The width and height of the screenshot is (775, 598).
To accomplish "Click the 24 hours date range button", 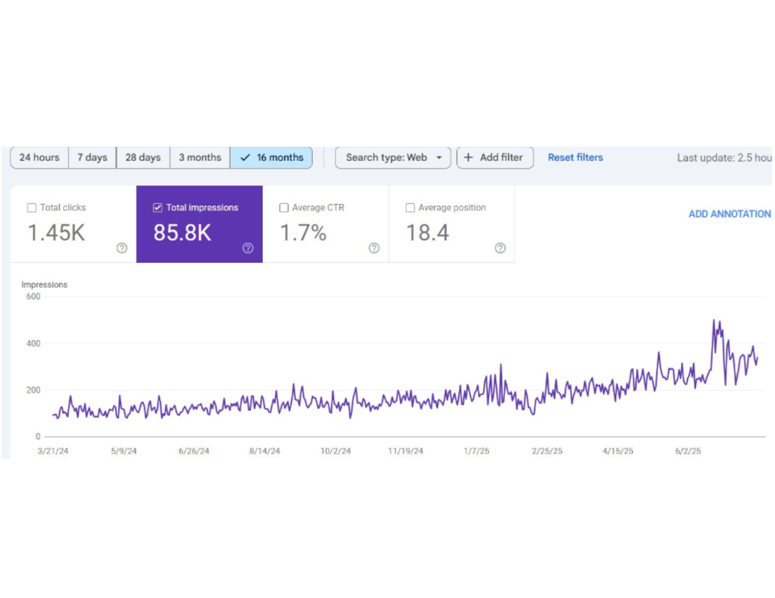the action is point(39,157).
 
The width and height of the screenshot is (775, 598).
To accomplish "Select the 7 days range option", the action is point(92,157).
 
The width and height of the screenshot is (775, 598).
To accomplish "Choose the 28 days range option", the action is point(143,157).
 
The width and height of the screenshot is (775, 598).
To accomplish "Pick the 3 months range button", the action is point(200,157).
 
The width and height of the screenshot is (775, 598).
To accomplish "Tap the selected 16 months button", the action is point(271,157).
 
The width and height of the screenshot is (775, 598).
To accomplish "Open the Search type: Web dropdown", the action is point(393,157).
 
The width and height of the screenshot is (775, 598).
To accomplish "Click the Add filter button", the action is point(495,157).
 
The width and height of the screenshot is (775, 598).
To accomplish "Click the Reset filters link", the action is point(575,157).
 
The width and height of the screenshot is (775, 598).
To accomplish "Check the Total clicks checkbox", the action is point(32,208).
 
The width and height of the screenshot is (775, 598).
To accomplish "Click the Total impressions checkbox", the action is point(158,208).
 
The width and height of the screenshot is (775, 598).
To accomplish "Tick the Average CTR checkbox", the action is point(284,208).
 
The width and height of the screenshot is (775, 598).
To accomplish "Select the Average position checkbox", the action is point(410,208).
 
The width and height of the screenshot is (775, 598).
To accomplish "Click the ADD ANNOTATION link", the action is point(730,214).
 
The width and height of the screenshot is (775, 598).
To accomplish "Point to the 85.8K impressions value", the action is point(182,233).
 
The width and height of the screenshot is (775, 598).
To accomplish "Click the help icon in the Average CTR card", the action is point(374,248).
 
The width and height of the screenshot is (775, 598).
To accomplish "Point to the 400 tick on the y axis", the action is point(33,343).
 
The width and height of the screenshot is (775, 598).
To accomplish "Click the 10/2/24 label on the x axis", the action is point(335,451).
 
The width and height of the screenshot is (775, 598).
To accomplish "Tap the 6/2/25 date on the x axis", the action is point(688,451).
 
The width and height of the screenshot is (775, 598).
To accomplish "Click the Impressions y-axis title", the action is point(44,285).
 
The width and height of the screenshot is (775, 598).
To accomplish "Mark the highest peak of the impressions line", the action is point(714,320).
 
